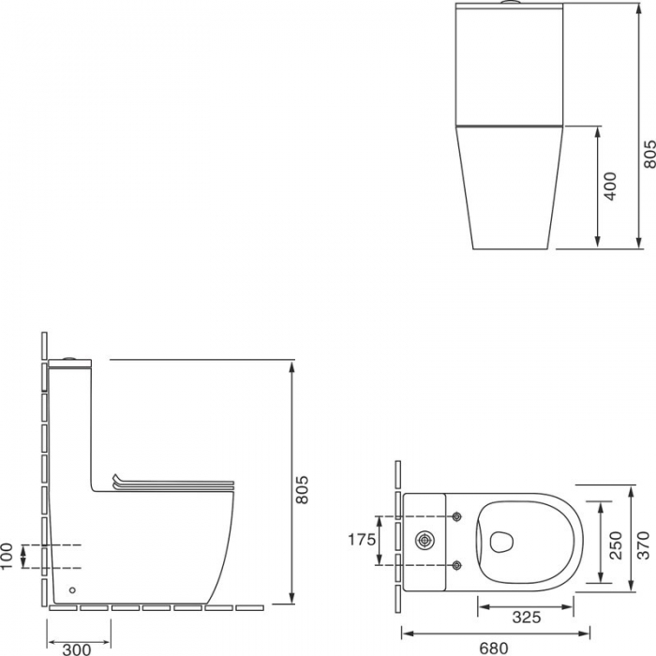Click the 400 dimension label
[x=611, y=186]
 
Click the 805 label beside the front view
[x=649, y=155]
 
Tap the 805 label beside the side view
[x=302, y=489]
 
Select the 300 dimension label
[x=77, y=649]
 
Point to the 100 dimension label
[x=7, y=556]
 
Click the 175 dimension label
[x=362, y=540]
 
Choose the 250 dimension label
[x=616, y=545]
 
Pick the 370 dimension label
[x=644, y=545]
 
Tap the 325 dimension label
[x=527, y=617]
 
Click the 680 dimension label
[x=494, y=649]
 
